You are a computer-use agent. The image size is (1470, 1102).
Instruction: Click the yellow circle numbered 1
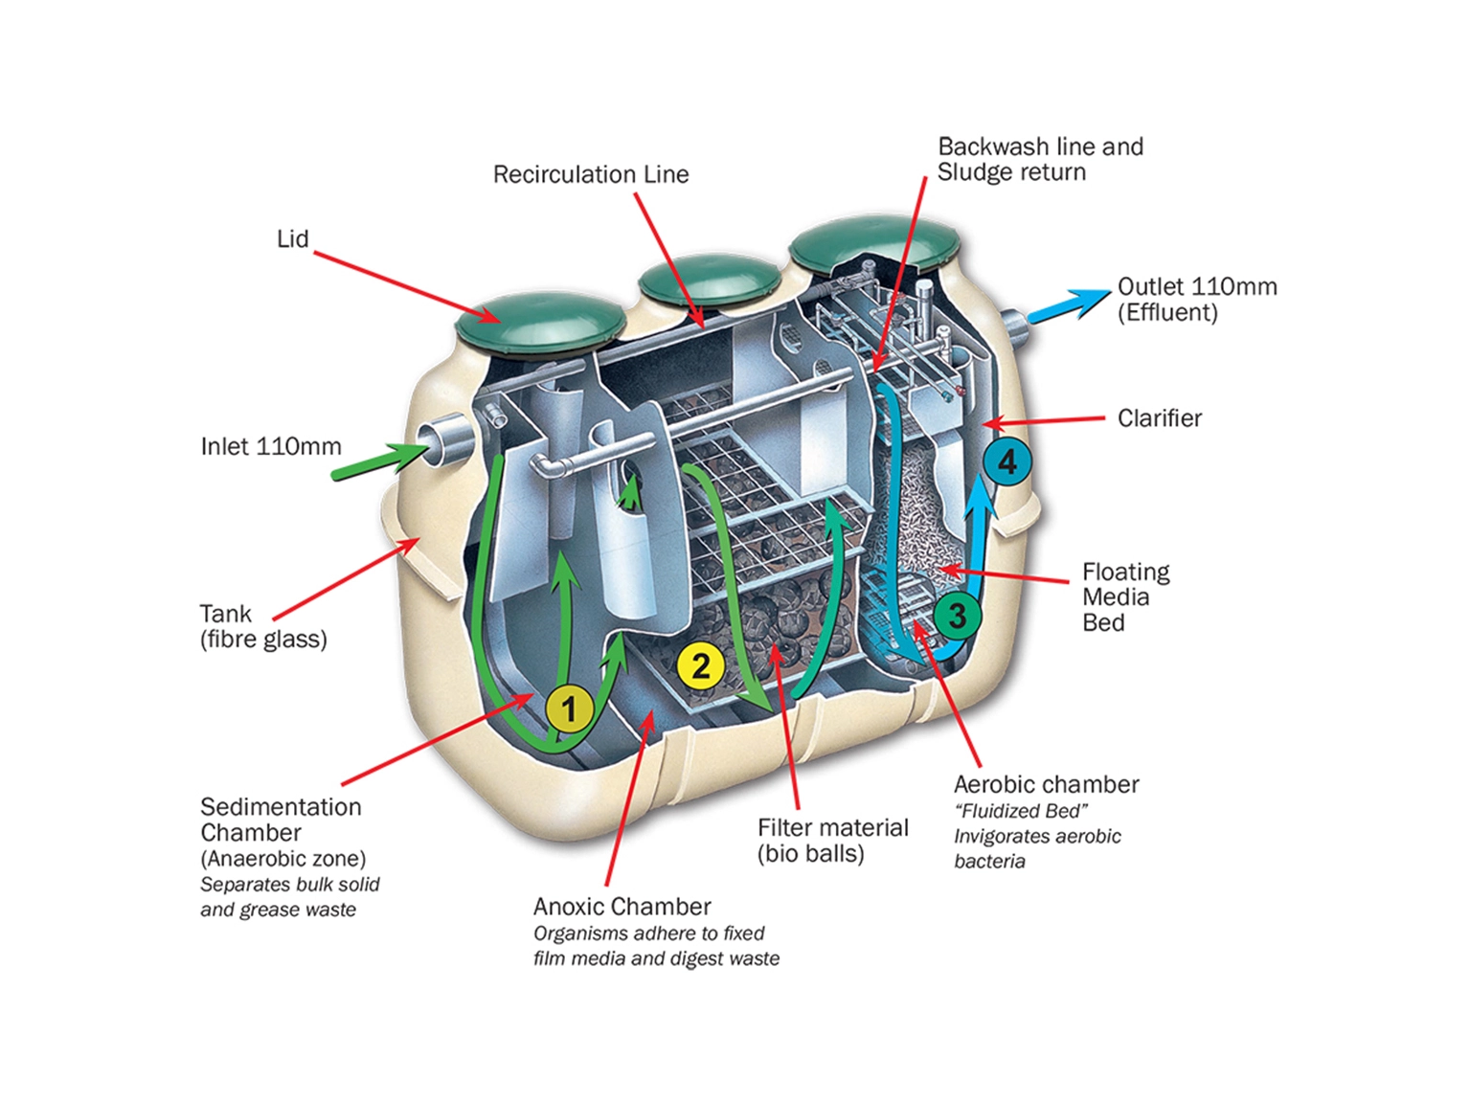[569, 709]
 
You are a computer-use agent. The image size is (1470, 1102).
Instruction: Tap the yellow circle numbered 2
[700, 665]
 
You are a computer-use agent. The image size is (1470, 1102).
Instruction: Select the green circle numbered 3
[957, 616]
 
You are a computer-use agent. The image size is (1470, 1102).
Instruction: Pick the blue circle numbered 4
[1006, 462]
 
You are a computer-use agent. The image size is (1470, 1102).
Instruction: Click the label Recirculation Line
[590, 174]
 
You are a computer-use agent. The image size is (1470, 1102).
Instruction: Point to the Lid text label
[292, 238]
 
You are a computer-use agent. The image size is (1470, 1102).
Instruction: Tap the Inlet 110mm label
[271, 446]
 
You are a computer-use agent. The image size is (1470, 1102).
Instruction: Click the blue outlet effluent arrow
[1069, 305]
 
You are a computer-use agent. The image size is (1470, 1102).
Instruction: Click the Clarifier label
[1159, 418]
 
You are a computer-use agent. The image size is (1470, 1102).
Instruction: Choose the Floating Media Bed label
[1125, 597]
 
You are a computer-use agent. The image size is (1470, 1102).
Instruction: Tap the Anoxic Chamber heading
[622, 907]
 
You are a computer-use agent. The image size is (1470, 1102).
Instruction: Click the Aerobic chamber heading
[1046, 785]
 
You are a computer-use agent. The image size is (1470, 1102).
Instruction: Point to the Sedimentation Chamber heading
[281, 820]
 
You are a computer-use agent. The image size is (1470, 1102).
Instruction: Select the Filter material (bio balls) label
[832, 841]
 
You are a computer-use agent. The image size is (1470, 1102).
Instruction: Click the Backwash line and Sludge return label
[1039, 160]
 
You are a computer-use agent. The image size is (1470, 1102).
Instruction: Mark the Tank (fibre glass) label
[262, 626]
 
